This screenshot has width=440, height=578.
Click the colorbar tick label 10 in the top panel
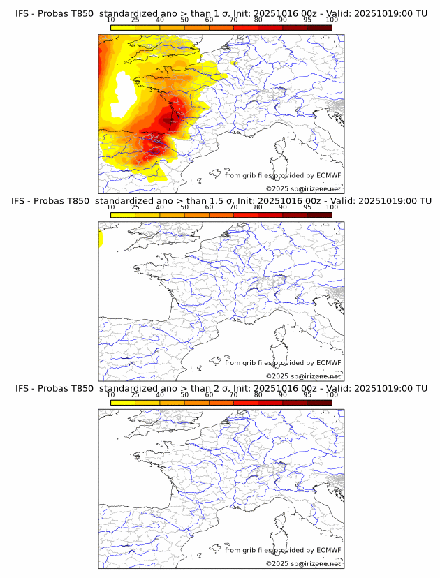(111, 20)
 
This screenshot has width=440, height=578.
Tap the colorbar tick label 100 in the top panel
(332, 20)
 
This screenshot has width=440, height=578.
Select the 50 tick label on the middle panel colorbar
(184, 207)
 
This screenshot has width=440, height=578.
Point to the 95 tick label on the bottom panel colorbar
(307, 394)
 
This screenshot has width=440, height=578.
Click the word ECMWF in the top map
(328, 175)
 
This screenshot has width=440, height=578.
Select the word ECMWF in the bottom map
(328, 550)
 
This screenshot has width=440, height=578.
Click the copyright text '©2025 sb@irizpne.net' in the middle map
(304, 376)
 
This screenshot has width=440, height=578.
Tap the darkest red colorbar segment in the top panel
(319, 27)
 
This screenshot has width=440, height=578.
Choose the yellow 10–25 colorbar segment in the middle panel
(123, 215)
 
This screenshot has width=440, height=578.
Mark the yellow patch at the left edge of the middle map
(101, 239)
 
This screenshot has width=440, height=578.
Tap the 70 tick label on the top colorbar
(233, 20)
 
